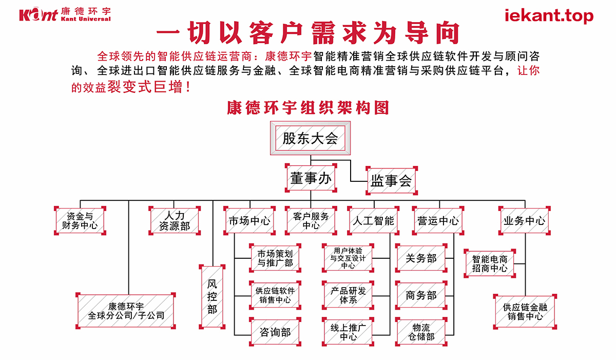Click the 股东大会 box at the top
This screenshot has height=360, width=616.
[310, 138]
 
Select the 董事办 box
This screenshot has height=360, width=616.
[311, 178]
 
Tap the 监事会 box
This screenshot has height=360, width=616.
[391, 180]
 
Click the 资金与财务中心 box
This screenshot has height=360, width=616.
[80, 221]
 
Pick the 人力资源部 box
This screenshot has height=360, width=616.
[175, 221]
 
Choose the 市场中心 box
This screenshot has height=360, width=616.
[249, 221]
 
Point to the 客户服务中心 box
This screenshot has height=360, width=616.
[311, 221]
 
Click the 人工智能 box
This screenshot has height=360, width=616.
[373, 221]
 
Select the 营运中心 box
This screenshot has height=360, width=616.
[438, 221]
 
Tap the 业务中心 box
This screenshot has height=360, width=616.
[524, 221]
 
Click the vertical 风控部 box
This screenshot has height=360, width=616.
[213, 296]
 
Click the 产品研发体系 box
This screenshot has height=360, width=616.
[348, 295]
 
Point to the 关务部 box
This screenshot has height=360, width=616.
[421, 258]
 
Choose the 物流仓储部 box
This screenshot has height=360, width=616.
[421, 332]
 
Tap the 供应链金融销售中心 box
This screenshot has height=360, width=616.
[525, 311]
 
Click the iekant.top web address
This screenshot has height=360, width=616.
[549, 16]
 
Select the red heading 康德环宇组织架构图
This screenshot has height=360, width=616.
[308, 108]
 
